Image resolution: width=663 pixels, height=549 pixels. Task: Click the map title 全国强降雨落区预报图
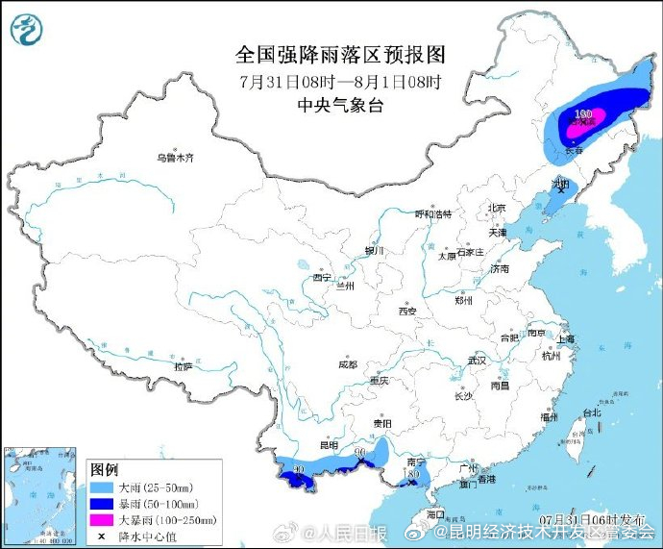click(341, 54)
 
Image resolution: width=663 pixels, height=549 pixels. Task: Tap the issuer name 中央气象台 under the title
click(341, 106)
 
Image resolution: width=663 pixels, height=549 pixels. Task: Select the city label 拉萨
click(183, 366)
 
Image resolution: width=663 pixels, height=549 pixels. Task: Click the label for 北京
click(496, 209)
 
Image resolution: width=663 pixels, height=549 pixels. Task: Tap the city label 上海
click(565, 338)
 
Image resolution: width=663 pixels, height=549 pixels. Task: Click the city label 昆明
click(328, 445)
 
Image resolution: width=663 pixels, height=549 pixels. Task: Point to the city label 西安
click(406, 312)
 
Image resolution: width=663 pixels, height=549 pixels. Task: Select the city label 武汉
click(477, 361)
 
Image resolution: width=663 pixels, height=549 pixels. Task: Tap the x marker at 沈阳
click(560, 190)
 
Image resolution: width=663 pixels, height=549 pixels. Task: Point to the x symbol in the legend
click(102, 535)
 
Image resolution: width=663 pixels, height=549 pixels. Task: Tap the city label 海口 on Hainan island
click(435, 514)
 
